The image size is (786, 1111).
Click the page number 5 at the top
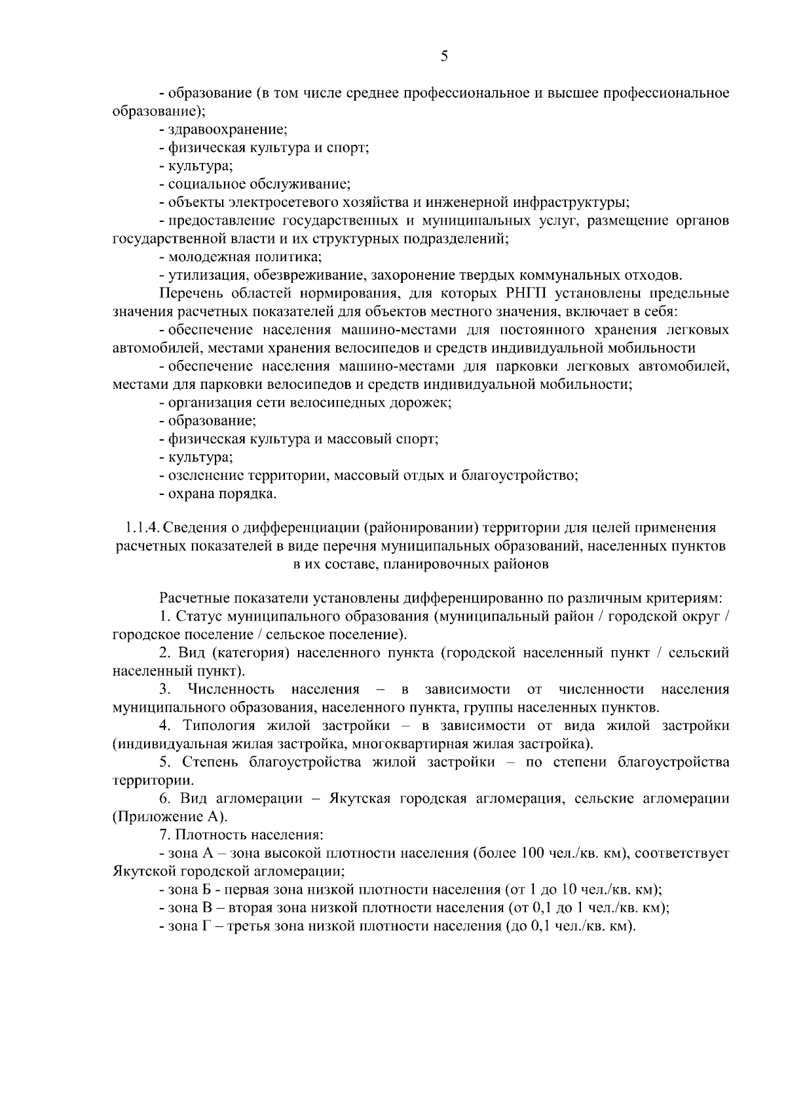point(444,56)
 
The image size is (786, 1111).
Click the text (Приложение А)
point(170,817)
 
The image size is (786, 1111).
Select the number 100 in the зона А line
point(533,854)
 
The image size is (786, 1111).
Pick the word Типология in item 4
point(219,726)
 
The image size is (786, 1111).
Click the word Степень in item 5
point(206,762)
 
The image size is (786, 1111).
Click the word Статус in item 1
point(198,617)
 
